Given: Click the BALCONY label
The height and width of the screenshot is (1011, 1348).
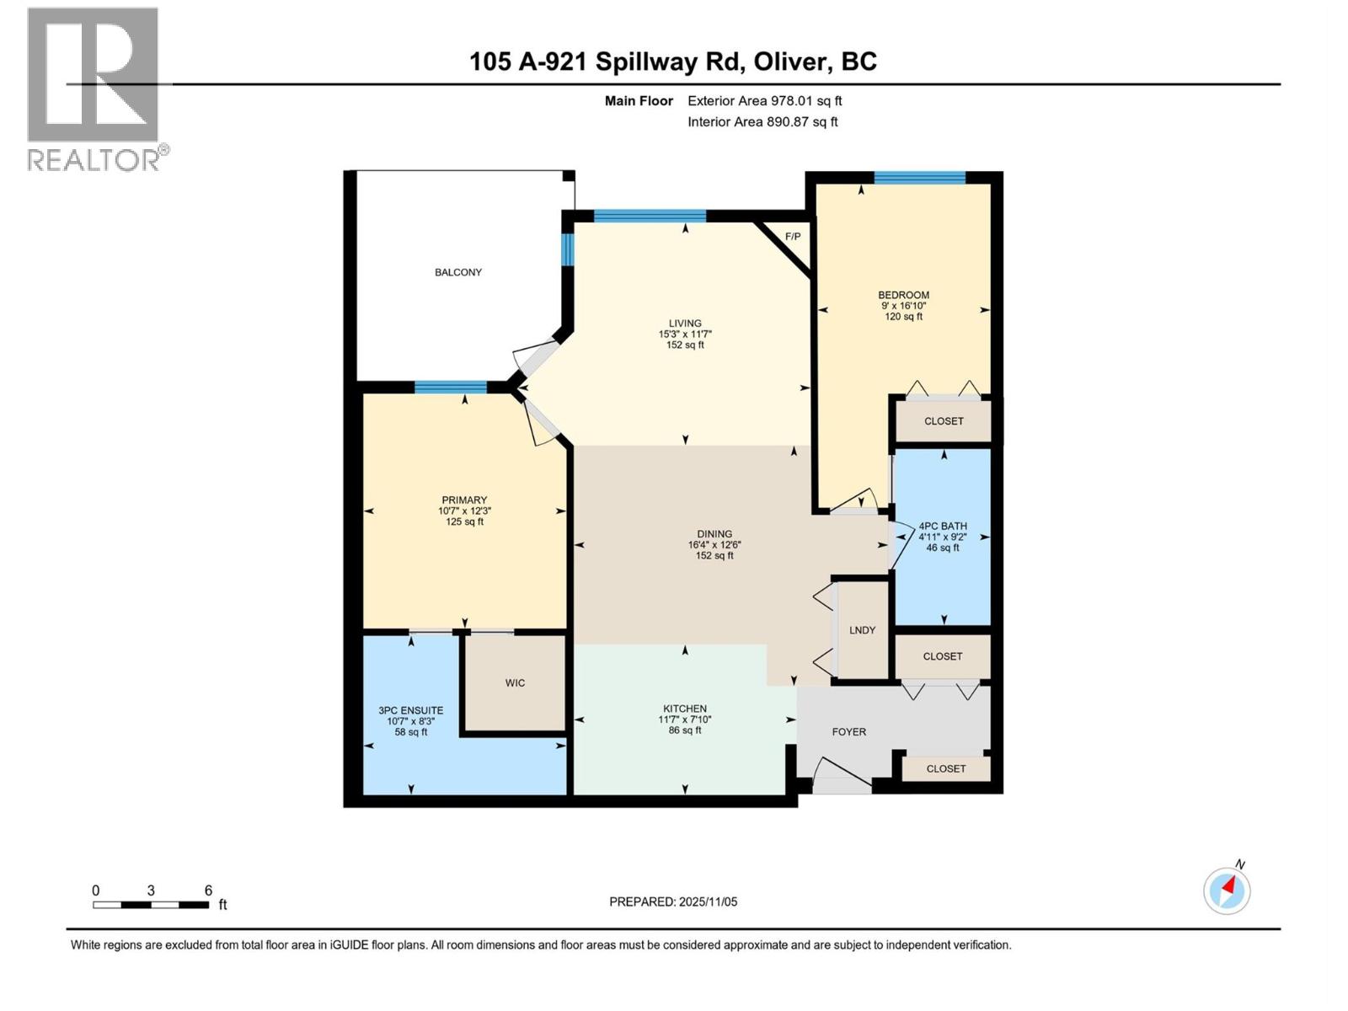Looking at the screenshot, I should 458,272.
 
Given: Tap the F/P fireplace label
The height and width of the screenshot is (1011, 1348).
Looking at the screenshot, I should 793,237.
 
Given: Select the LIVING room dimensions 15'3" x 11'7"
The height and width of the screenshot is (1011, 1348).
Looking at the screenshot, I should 685,334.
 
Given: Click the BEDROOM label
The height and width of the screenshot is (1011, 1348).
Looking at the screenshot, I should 903,295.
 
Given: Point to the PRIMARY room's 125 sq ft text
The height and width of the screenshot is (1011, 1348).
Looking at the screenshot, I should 464,522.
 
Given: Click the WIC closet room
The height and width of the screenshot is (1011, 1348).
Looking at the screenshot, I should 515,682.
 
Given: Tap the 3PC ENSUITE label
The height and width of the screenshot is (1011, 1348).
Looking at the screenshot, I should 410,710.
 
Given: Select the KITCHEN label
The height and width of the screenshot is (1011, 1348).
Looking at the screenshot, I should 684,709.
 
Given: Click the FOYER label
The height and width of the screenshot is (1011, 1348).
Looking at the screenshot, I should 848,732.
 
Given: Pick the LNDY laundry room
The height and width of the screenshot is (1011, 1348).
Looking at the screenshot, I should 862,630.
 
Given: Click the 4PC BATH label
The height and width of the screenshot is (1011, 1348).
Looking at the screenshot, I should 942,526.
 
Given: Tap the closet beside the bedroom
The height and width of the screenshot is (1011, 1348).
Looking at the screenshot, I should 943,421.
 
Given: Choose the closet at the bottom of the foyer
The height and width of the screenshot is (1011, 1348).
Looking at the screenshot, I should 945,768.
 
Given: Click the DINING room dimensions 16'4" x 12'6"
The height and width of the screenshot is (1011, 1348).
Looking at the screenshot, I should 714,545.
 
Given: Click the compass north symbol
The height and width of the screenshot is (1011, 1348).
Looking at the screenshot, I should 1227,890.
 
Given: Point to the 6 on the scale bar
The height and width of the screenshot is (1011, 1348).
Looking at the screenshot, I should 208,891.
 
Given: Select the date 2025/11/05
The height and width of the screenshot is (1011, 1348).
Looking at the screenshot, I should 707,901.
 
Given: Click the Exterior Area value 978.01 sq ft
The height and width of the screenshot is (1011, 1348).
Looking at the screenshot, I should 806,101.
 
